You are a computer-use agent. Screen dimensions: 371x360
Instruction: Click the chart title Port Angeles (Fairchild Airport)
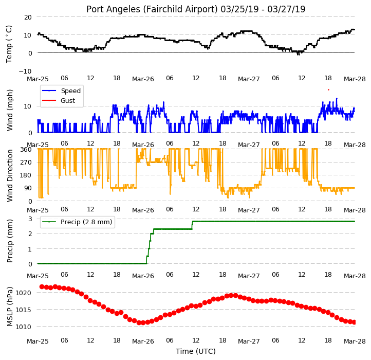pos(152,9)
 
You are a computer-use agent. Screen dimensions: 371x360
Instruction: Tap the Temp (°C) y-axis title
pos(9,44)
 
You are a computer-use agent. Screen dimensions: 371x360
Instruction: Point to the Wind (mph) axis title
pos(9,110)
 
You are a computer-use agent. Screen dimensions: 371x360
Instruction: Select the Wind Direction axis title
pos(9,175)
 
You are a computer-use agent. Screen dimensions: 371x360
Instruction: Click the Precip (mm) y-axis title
pos(9,241)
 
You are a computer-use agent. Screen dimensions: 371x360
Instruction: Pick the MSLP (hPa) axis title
pos(9,307)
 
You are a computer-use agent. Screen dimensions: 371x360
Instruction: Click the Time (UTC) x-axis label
pos(196,351)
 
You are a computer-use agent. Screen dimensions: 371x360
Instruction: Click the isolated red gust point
pos(328,90)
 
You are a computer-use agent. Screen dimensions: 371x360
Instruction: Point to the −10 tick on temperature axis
pos(25,71)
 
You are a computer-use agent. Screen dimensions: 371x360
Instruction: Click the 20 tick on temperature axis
pos(28,17)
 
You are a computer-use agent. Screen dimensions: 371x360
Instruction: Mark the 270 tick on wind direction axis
pos(26,162)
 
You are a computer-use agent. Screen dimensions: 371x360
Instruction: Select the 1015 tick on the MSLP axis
pos(24,310)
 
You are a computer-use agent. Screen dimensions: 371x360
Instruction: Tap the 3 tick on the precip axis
pos(30,219)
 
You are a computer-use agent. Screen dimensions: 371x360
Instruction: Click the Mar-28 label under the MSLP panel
pos(355,341)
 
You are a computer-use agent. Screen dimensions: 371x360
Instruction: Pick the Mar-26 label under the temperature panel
pos(143,79)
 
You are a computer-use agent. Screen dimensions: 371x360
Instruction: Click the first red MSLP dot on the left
pos(42,286)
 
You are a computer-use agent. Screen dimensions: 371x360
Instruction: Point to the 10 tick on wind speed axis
pos(28,106)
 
